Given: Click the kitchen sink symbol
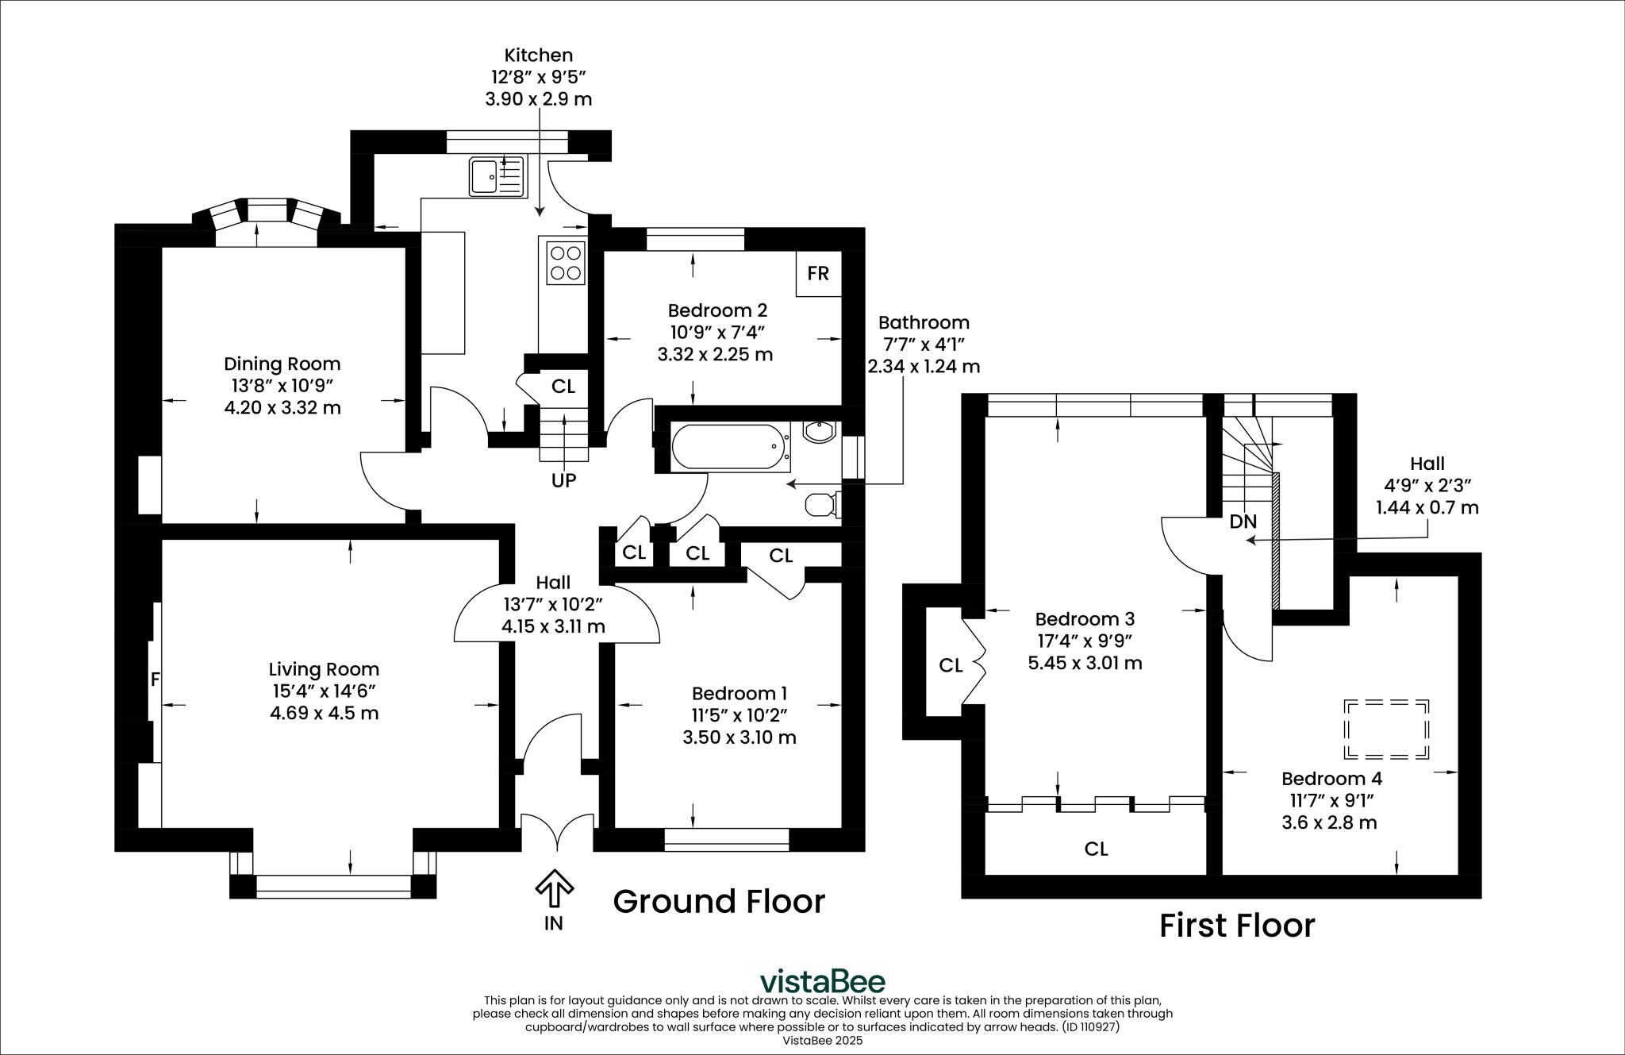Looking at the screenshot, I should pos(497,176).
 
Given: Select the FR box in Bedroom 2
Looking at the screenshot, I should pos(818,274).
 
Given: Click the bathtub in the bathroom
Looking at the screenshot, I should pos(728,446).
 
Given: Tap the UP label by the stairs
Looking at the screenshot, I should pos(563,480).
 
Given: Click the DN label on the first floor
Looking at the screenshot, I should pos(1243,522).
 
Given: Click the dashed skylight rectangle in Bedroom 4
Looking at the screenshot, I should pos(1385,729).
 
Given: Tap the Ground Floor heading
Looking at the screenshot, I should pos(719,902).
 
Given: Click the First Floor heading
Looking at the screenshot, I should pos(1236,926).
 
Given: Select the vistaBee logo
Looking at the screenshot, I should pos(822,981).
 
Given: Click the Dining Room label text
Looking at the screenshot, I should pos(282,364).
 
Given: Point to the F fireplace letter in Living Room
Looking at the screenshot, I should pos(155,680).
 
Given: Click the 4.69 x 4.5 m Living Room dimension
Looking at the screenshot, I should pos(324,713).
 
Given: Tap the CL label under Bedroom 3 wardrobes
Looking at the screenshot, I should pos(1096,849).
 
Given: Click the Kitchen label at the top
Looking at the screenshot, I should pos(538,56).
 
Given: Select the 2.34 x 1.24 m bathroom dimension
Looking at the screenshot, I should pos(924,367).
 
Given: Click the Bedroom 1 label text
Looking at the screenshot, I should pos(739,694).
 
